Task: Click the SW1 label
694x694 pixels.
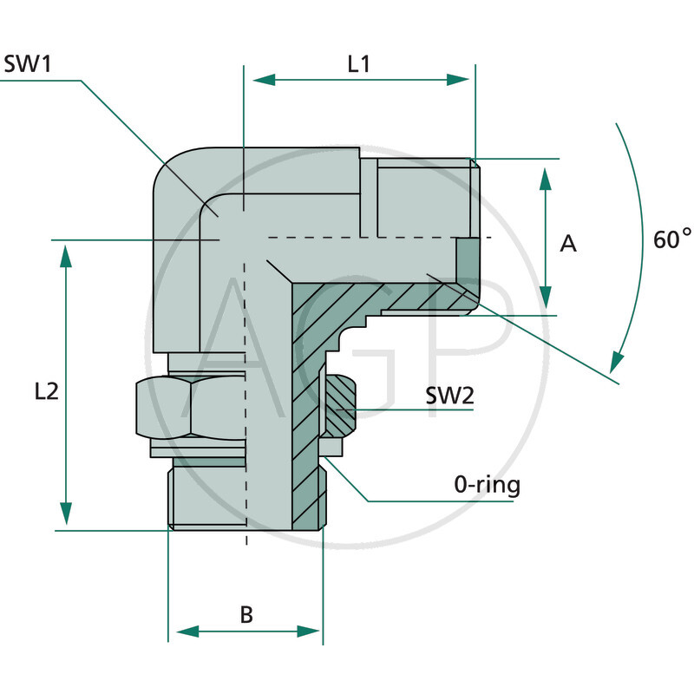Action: click(x=29, y=64)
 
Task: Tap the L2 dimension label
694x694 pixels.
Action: click(x=46, y=391)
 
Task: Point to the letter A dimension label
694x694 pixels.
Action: click(x=568, y=245)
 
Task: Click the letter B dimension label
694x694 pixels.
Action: click(x=246, y=615)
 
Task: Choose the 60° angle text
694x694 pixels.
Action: click(x=672, y=239)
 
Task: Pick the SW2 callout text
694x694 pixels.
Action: click(x=449, y=396)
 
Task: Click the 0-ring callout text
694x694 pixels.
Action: click(x=488, y=484)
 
